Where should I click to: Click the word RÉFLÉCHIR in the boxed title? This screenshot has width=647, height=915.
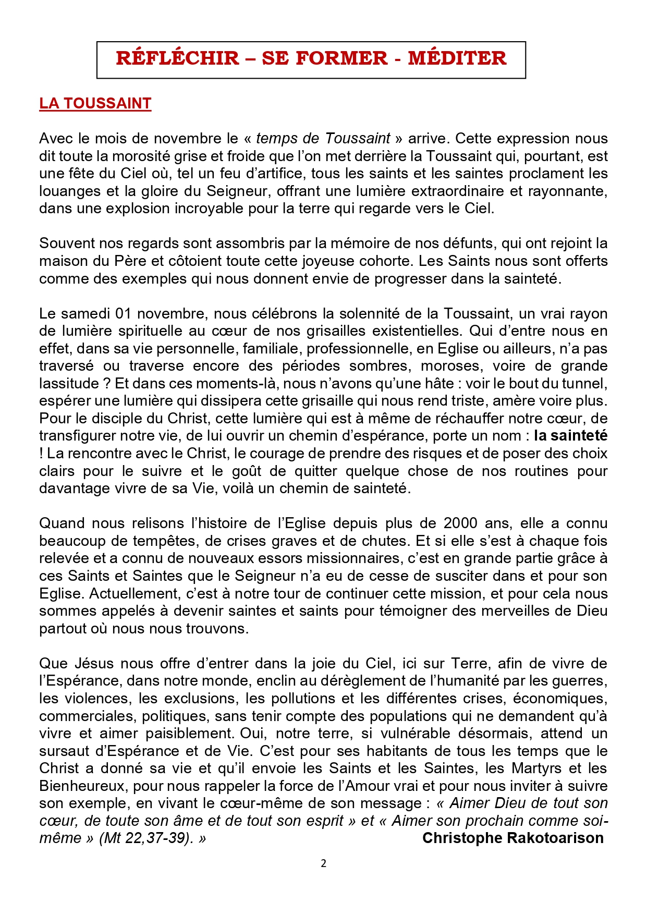click(x=177, y=58)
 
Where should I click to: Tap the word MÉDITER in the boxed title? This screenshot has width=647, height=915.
click(x=457, y=58)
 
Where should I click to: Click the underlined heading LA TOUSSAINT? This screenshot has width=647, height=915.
click(x=95, y=104)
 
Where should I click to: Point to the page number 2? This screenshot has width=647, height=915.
click(x=323, y=863)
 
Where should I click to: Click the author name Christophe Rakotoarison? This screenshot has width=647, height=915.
click(x=512, y=838)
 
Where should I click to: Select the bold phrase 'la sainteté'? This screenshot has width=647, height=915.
click(x=570, y=436)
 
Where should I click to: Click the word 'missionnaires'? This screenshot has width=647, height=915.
click(x=352, y=558)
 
